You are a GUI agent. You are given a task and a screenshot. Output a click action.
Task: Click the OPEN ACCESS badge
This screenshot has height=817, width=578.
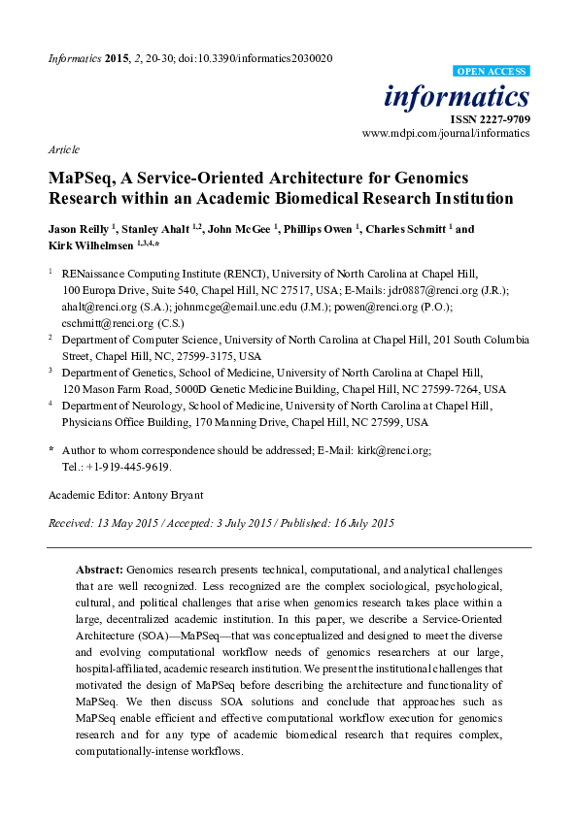point(492,71)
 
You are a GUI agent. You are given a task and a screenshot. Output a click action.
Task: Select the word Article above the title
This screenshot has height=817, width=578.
point(63,150)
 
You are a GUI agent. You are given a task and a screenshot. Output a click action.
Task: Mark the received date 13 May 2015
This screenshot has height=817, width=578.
point(132,523)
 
